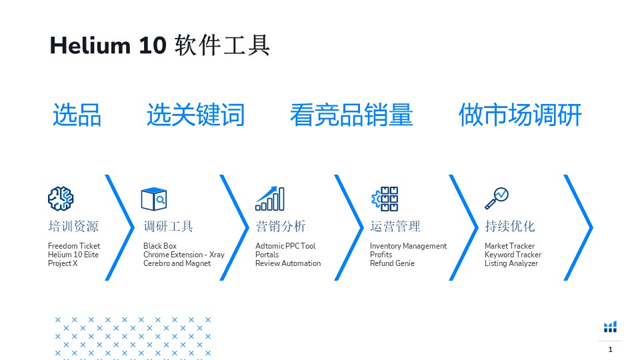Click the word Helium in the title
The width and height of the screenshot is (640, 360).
90,45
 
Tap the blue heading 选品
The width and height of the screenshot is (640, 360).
77,115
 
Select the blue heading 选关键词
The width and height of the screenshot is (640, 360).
195,115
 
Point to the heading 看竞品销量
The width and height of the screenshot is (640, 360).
351,115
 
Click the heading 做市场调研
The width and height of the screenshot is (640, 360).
520,115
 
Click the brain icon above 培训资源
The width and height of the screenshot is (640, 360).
61,199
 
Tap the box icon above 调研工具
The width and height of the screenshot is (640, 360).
154,199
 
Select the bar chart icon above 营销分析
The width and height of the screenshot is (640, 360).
270,199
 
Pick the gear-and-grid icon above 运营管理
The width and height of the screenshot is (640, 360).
385,199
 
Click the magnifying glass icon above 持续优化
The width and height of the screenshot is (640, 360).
496,199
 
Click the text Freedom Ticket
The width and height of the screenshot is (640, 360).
74,246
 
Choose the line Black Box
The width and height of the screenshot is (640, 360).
160,246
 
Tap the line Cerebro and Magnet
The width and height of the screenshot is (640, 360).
177,263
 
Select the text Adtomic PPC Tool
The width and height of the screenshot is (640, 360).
285,246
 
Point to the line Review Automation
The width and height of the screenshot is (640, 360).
288,263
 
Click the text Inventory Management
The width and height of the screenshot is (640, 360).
408,246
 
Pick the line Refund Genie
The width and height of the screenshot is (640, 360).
392,263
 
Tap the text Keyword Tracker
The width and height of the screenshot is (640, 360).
513,255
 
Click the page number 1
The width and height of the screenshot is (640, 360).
610,349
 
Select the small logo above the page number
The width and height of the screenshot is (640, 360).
610,327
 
